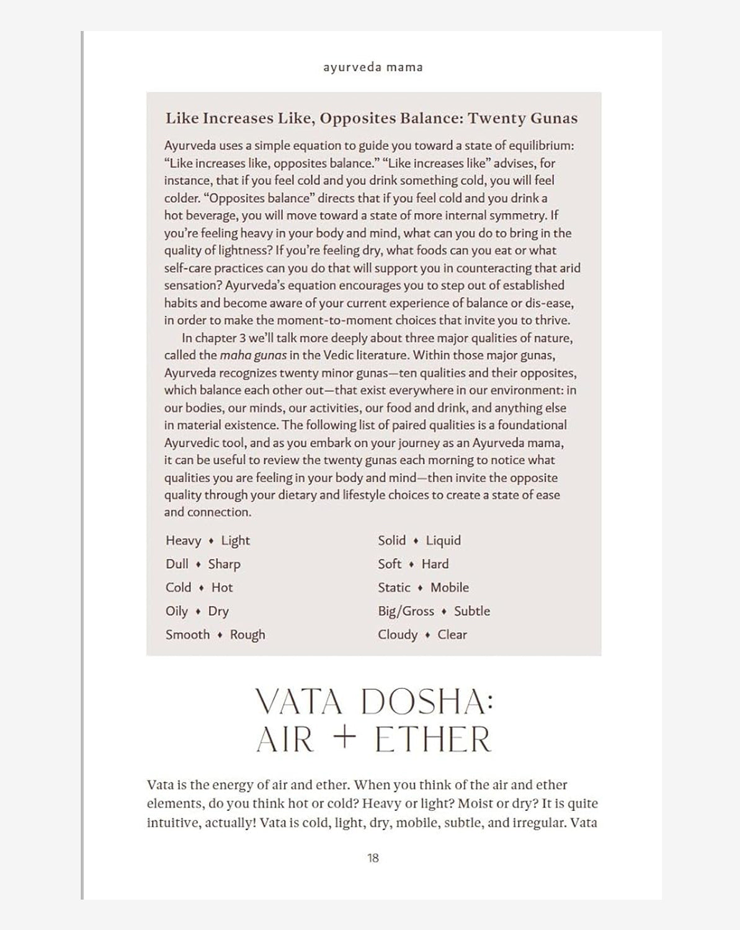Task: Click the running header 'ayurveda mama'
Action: pyautogui.click(x=373, y=67)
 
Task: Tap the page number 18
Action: pyautogui.click(x=373, y=858)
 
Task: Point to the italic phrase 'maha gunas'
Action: pyautogui.click(x=252, y=355)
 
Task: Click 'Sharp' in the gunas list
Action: pyautogui.click(x=224, y=564)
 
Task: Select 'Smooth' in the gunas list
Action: pyautogui.click(x=187, y=635)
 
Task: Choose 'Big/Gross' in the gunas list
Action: pyautogui.click(x=406, y=611)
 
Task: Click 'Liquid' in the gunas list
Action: pyautogui.click(x=443, y=541)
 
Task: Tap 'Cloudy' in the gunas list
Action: pyautogui.click(x=398, y=635)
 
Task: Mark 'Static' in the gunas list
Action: pyautogui.click(x=394, y=588)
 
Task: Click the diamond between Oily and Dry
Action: pyautogui.click(x=198, y=611)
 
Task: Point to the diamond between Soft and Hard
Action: pyautogui.click(x=411, y=564)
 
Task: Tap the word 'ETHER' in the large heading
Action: pyautogui.click(x=432, y=739)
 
